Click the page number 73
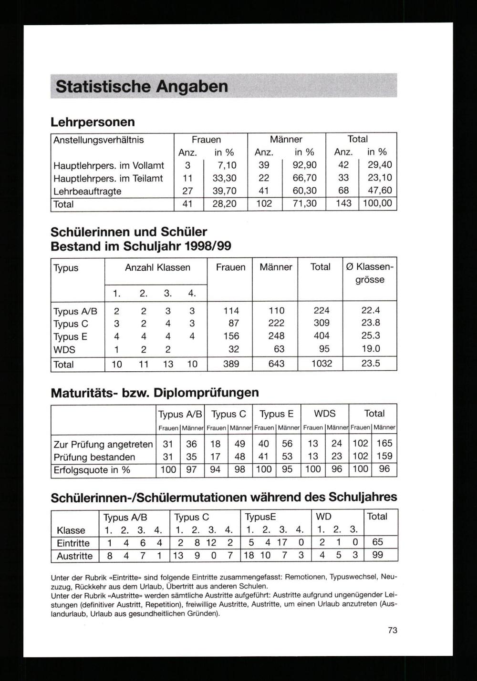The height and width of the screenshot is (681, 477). [392, 630]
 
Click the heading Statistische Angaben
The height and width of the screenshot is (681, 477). [142, 87]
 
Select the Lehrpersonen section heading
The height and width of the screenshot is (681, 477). [93, 122]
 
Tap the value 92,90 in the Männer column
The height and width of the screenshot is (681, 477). [304, 165]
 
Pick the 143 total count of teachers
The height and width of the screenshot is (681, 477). [343, 203]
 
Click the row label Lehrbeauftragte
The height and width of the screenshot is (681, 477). [87, 191]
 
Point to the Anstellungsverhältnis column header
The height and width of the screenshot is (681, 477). [98, 140]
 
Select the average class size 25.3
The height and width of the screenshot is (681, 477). [370, 335]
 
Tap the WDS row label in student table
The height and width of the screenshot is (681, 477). [64, 349]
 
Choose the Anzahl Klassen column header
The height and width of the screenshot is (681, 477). [157, 267]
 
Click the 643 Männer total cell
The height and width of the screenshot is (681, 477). [276, 364]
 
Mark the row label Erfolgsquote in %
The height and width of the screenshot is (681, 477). [92, 470]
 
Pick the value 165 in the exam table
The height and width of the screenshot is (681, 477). [384, 444]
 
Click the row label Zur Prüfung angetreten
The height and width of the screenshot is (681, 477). [103, 444]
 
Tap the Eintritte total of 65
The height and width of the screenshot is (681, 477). [377, 542]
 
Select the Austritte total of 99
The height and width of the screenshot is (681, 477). [377, 555]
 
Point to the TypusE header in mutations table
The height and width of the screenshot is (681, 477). [260, 517]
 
